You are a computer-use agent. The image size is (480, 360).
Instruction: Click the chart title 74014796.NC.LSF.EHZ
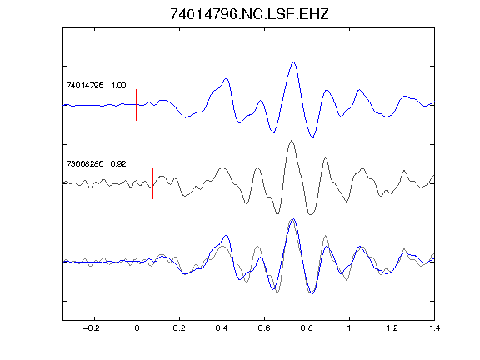(x=249, y=14)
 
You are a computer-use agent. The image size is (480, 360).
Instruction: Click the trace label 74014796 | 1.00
(x=96, y=85)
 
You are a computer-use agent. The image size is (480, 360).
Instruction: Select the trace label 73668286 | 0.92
(x=96, y=164)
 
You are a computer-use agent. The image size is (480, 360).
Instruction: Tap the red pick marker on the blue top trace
(x=137, y=105)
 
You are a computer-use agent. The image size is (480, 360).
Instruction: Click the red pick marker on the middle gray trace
(x=152, y=183)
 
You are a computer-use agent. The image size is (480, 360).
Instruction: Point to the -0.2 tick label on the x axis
(x=91, y=328)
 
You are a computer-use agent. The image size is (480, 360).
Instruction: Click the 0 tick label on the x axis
(x=137, y=328)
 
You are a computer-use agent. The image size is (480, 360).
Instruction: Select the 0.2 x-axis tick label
(x=179, y=328)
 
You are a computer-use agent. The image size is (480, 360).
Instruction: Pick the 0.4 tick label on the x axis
(x=222, y=328)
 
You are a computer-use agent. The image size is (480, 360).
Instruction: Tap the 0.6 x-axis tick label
(x=264, y=328)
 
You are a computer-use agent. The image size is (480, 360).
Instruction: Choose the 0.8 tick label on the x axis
(x=307, y=328)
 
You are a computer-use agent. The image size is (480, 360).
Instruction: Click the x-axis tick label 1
(x=349, y=328)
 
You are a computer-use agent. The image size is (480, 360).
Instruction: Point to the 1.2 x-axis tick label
(x=392, y=328)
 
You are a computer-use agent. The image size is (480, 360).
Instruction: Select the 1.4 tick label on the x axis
(x=434, y=328)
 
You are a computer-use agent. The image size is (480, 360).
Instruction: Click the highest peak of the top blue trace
(x=294, y=62)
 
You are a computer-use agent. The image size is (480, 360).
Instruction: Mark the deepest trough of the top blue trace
(x=312, y=137)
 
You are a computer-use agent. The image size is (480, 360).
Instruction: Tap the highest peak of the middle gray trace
(x=292, y=141)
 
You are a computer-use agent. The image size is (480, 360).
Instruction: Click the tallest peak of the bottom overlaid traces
(x=293, y=219)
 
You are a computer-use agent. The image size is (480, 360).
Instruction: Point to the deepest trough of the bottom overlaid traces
(x=312, y=293)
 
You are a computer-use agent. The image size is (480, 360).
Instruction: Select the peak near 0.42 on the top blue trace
(x=227, y=79)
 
